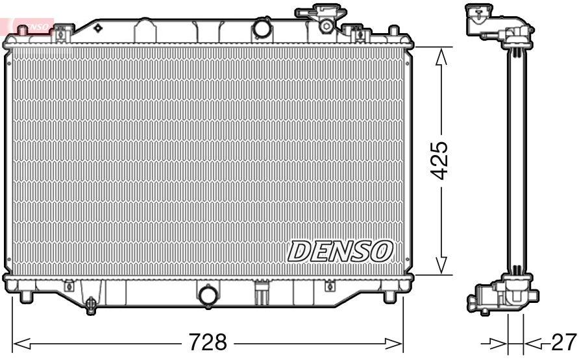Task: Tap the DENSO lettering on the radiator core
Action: click(341, 251)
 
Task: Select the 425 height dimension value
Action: click(441, 160)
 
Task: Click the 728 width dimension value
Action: click(207, 341)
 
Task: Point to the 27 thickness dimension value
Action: click(563, 341)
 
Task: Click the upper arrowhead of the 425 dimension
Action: click(441, 57)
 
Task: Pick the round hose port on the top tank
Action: click(262, 29)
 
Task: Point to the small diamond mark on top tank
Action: click(98, 29)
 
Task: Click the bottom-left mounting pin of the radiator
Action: click(25, 296)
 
